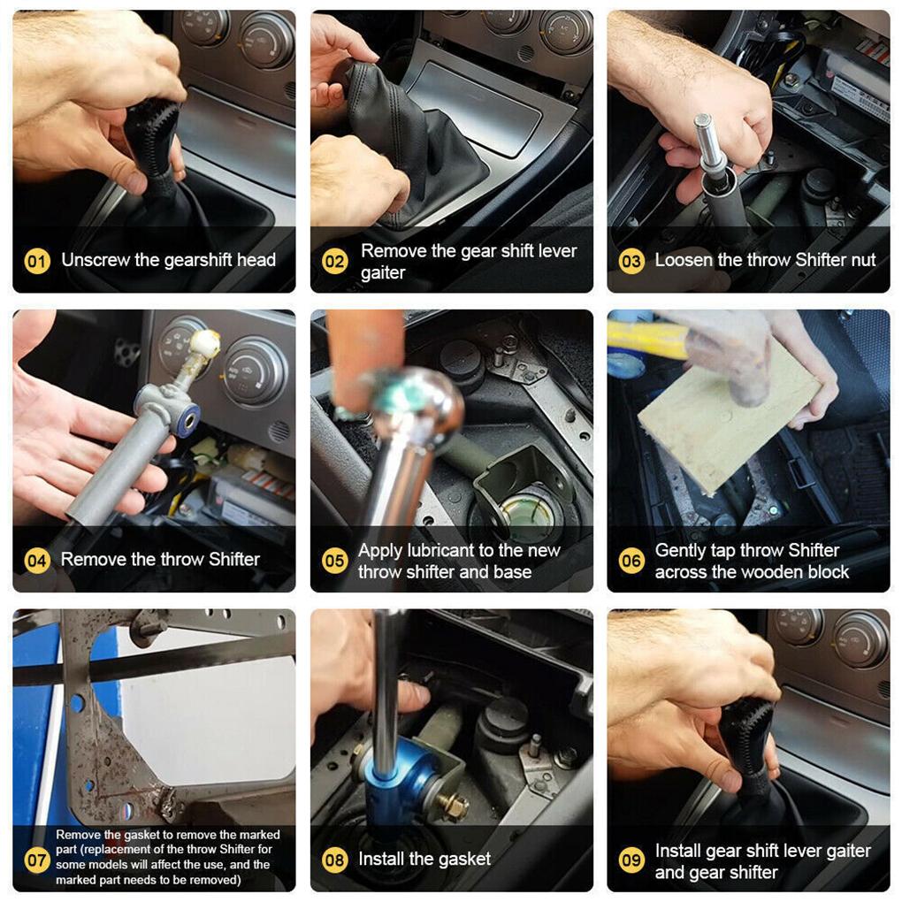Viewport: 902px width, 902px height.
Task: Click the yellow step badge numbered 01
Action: click(36, 261)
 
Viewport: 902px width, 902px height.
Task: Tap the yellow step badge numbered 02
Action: click(334, 262)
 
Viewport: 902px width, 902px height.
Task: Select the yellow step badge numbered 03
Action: click(631, 261)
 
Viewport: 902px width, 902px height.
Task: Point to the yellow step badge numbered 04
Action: click(36, 560)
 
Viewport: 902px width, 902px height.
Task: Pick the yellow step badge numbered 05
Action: click(334, 561)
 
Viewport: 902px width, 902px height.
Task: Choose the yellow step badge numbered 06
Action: click(631, 561)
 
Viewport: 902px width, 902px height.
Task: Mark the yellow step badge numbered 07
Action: click(36, 858)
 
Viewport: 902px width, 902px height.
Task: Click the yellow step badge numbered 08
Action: click(334, 859)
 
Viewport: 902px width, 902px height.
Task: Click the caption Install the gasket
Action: click(424, 859)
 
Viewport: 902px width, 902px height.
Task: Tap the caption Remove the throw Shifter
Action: click(160, 559)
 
